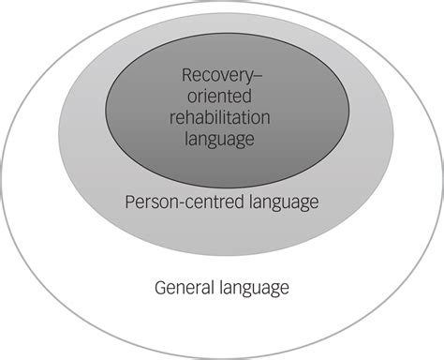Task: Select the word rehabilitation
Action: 221,118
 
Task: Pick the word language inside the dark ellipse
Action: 221,140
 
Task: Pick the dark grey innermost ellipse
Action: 221,164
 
